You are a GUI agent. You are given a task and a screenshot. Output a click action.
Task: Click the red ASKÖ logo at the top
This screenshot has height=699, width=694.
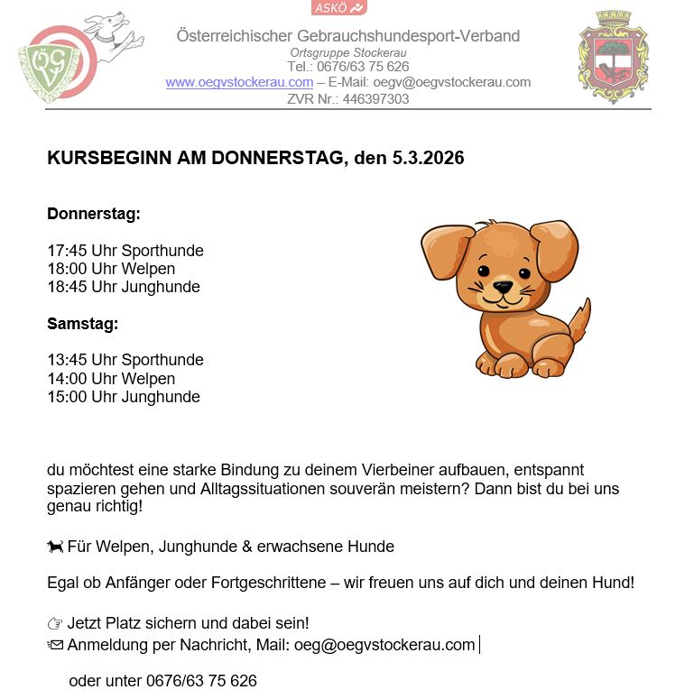click(x=339, y=8)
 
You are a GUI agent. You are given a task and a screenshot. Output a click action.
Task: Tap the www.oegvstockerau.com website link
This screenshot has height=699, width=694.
click(x=239, y=82)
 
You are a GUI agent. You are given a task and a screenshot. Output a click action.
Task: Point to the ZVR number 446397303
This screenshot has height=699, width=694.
click(x=372, y=99)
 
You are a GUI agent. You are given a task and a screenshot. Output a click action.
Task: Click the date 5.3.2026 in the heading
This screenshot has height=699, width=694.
click(x=428, y=159)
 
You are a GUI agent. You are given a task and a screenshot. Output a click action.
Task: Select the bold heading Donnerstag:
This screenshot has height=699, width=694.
click(x=94, y=215)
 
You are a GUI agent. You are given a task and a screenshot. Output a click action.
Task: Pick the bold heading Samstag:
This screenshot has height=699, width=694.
click(x=83, y=324)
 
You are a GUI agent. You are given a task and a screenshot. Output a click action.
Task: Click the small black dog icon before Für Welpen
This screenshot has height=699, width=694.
click(x=56, y=547)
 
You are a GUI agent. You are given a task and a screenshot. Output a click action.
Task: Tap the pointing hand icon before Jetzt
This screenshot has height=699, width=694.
click(x=55, y=623)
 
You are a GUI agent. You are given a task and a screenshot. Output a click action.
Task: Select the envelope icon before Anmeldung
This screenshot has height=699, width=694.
click(x=55, y=645)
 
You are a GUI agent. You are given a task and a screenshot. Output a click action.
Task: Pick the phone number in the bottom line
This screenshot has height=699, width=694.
click(x=201, y=681)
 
